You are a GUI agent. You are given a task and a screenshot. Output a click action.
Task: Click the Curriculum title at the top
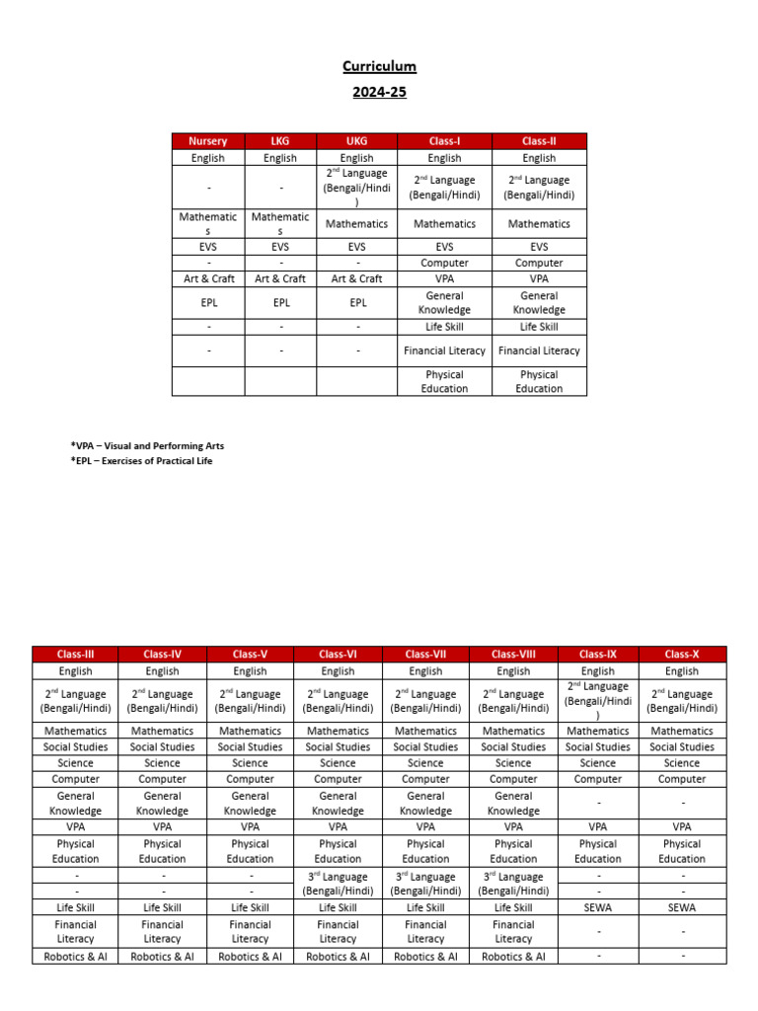pos(379,66)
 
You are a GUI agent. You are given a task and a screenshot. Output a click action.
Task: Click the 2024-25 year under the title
pos(379,92)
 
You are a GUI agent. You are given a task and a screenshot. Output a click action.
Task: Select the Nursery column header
pos(208,141)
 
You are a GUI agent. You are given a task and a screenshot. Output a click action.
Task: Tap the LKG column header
pos(280,141)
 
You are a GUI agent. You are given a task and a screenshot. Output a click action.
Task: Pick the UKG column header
pos(356,141)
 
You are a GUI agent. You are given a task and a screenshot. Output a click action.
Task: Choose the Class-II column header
pos(539,141)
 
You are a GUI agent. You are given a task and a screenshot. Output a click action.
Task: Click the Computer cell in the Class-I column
pos(444,263)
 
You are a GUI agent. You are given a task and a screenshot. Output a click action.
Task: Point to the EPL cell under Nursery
pos(208,302)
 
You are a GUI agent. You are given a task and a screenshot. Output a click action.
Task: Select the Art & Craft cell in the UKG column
pos(356,278)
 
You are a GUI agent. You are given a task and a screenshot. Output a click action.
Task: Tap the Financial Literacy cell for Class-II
pos(539,350)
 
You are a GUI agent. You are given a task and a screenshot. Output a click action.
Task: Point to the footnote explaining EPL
pos(141,461)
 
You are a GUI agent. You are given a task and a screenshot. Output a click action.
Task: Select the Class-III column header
pos(75,654)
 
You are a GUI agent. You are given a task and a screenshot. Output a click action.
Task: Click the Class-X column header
pos(682,654)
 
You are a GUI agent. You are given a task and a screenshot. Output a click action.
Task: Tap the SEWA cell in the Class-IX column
pos(598,907)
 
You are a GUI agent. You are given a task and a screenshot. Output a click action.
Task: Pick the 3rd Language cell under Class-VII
pos(425,883)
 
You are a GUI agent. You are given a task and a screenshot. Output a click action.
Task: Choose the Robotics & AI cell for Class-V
pos(250,956)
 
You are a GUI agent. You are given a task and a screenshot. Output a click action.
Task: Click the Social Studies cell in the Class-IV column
pos(162,746)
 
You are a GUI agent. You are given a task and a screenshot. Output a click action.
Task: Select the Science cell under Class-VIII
pos(513,762)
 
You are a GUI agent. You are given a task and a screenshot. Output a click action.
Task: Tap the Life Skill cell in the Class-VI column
pos(338,907)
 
